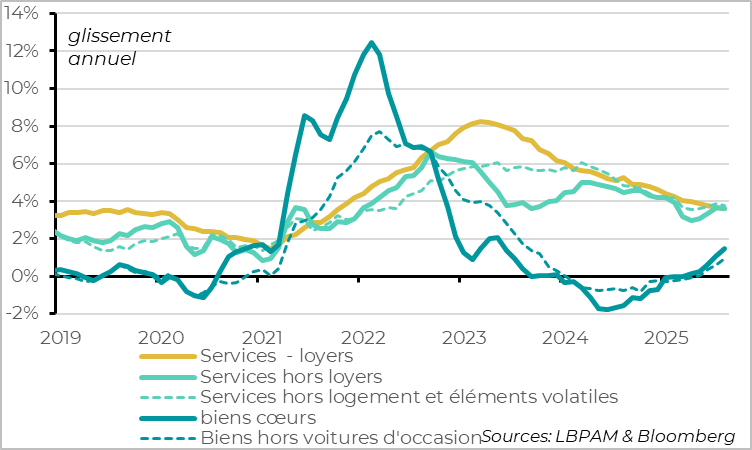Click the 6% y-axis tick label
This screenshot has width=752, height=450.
click(25, 163)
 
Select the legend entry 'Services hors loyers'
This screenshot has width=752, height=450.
click(291, 376)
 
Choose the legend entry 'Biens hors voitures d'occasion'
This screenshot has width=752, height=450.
click(341, 437)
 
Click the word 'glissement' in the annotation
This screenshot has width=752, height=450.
click(119, 37)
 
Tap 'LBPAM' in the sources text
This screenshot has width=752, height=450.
click(579, 437)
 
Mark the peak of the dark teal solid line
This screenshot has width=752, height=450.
click(372, 43)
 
